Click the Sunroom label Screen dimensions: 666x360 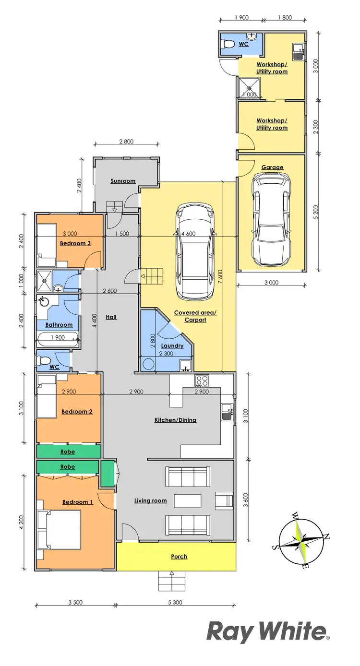(x=123, y=181)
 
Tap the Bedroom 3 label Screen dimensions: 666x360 (x=75, y=243)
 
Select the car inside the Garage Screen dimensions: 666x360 (x=272, y=219)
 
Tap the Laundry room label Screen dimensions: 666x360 (x=172, y=345)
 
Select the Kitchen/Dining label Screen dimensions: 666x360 (x=175, y=420)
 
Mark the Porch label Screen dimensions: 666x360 (x=179, y=557)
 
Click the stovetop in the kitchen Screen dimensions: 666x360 (x=201, y=381)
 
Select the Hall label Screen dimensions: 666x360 (x=111, y=317)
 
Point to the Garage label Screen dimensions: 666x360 (x=272, y=167)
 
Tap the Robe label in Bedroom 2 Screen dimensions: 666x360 (x=67, y=452)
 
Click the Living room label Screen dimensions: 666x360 (x=150, y=500)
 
